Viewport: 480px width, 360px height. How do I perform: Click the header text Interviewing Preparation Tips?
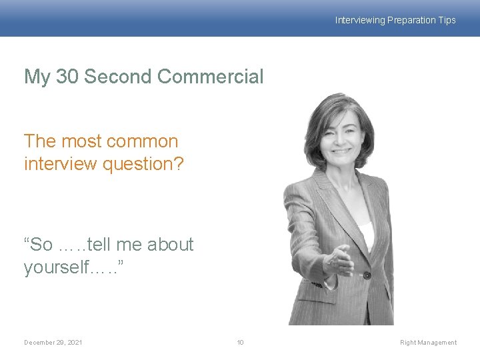(x=395, y=20)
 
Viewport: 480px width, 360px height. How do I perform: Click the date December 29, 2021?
(x=53, y=343)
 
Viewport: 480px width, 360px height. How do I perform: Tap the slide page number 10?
(x=240, y=343)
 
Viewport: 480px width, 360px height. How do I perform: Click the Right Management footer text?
(x=428, y=343)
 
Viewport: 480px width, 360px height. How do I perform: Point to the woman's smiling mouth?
(x=342, y=151)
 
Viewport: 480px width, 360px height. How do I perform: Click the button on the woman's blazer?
(x=367, y=275)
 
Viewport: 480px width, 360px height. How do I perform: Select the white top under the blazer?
(x=365, y=233)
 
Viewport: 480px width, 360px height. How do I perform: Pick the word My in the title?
(x=37, y=77)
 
